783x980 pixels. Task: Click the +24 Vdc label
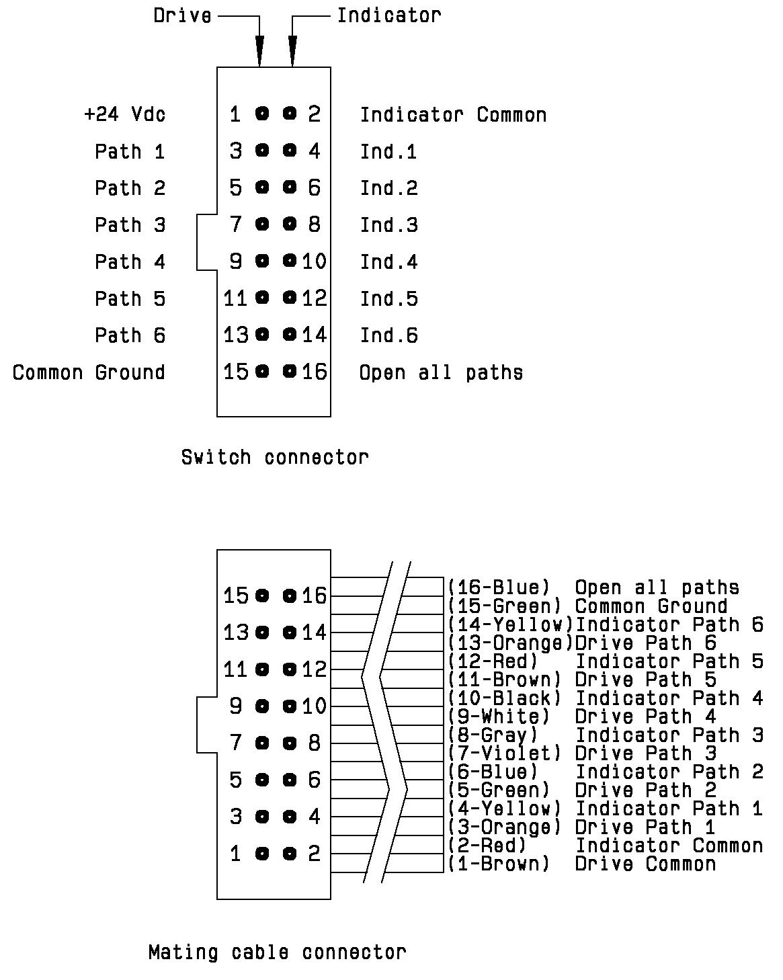(124, 114)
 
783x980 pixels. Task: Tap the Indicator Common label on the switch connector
(453, 115)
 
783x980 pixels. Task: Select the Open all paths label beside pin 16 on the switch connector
(441, 372)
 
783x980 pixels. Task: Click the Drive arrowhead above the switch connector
(259, 50)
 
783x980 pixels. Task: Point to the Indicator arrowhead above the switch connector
(292, 50)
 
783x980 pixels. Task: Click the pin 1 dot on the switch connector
(262, 114)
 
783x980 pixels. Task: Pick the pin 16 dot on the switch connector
(290, 371)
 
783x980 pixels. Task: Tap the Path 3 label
(130, 224)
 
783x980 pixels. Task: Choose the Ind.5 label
(388, 298)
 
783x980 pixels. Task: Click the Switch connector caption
(275, 458)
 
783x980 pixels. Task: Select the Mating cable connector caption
(277, 952)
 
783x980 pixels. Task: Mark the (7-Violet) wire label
(504, 753)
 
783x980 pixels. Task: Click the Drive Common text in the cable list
(645, 864)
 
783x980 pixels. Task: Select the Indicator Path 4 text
(669, 698)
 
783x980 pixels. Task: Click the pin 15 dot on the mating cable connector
(262, 595)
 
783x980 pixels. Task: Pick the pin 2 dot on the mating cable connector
(290, 854)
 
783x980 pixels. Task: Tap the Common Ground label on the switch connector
(89, 372)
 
